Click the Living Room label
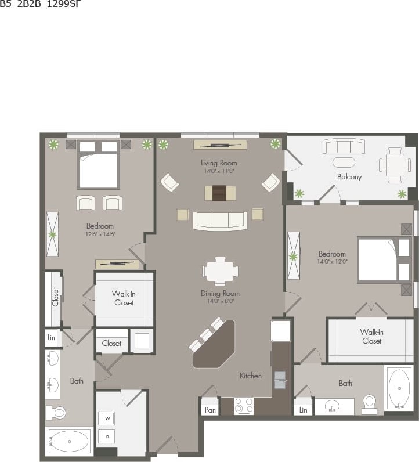[219, 163]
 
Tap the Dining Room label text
[220, 294]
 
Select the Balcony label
[349, 177]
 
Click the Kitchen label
[251, 376]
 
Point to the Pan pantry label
[209, 410]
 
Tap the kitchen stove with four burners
[244, 406]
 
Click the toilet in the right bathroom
[369, 403]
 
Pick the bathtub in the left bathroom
[69, 442]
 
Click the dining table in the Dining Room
[220, 271]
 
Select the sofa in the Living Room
[220, 220]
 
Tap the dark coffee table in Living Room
[219, 193]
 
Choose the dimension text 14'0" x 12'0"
[332, 262]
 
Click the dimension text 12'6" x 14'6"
[100, 234]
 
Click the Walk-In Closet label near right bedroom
[371, 337]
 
